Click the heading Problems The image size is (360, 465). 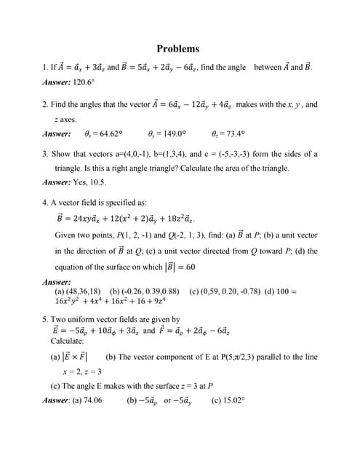point(177,49)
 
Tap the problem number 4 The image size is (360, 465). point(44,203)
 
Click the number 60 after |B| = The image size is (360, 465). point(191,267)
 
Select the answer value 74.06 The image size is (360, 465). point(93,400)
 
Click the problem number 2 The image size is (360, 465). point(44,105)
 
